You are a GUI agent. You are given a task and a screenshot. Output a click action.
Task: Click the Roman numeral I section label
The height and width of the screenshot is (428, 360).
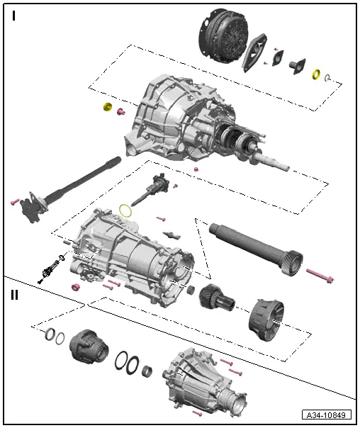coord(13,16)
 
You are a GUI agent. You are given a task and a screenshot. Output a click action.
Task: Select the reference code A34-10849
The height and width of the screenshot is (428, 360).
coord(327,415)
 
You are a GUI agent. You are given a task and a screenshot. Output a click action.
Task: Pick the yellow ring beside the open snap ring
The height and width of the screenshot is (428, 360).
coord(316,74)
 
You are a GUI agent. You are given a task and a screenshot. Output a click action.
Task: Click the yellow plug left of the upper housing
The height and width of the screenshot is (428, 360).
coord(108,108)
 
